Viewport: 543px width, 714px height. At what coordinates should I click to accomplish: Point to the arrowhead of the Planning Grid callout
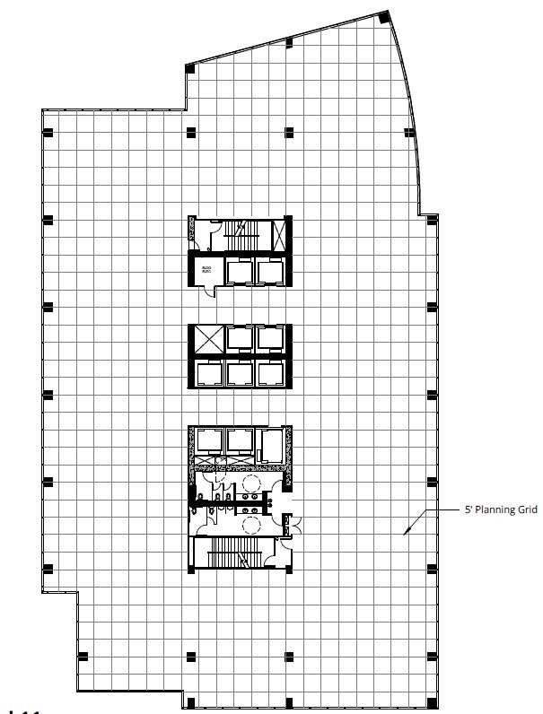[405, 532]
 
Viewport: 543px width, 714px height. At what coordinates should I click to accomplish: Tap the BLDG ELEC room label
[206, 270]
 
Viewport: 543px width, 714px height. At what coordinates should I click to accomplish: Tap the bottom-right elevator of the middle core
[270, 373]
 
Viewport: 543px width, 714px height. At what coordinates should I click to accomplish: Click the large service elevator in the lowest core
[269, 446]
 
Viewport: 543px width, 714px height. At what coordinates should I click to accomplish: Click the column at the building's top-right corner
[383, 18]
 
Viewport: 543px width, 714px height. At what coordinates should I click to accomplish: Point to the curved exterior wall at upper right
[409, 108]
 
